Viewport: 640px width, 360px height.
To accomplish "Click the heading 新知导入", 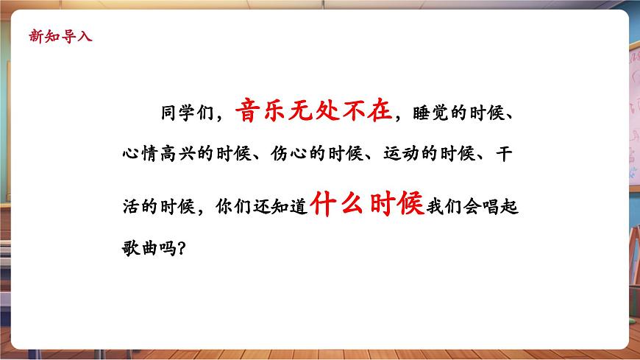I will coord(60,35).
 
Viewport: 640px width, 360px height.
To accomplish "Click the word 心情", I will coord(141,155).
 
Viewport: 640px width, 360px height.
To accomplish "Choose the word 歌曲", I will coord(141,248).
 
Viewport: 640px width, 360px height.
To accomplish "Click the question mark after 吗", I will coord(182,249).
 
